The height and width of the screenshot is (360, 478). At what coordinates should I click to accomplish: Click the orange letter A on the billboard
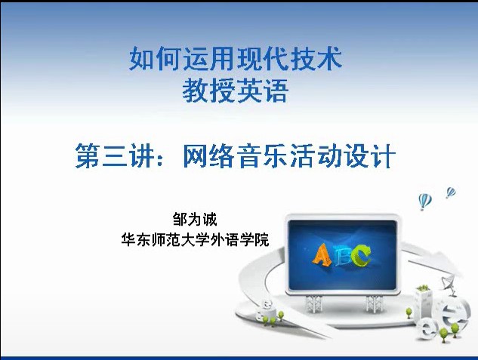click(322, 255)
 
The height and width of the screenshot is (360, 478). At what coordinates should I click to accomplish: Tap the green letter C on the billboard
click(361, 255)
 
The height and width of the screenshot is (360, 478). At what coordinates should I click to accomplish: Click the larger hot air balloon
click(425, 202)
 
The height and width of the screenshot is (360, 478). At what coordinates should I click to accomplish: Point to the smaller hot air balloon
click(451, 192)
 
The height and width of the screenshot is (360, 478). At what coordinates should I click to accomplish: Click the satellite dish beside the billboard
click(447, 282)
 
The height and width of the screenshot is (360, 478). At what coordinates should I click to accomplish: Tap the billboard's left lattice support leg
click(314, 303)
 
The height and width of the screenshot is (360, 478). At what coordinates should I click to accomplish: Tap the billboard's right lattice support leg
click(374, 303)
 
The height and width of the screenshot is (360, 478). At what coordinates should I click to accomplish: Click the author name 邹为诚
click(195, 220)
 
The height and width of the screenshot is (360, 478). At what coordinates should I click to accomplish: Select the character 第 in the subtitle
click(88, 155)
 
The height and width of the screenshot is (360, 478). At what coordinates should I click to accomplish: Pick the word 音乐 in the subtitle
click(263, 155)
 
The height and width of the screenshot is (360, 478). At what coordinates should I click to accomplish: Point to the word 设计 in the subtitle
click(370, 155)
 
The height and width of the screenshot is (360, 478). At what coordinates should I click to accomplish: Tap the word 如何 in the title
click(155, 59)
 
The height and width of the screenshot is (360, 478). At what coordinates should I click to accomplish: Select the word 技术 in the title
click(316, 59)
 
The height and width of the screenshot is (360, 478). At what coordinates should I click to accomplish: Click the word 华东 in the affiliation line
click(136, 240)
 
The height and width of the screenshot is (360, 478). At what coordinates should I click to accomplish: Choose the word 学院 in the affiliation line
click(254, 240)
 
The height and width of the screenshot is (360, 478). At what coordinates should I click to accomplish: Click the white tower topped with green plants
click(424, 303)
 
